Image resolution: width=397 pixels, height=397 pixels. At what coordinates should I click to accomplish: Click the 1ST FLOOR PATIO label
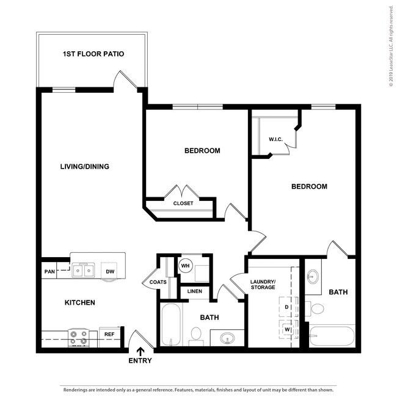pyautogui.click(x=93, y=54)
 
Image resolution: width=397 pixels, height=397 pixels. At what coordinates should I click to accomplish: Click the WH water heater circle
pyautogui.click(x=185, y=266)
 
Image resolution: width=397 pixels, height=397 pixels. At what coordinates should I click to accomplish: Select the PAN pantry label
pyautogui.click(x=49, y=271)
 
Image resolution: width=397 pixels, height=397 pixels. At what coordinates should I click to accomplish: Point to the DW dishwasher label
pyautogui.click(x=111, y=271)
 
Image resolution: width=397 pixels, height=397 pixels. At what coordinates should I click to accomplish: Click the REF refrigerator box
pyautogui.click(x=109, y=335)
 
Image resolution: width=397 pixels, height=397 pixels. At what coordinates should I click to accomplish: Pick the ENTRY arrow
pyautogui.click(x=140, y=351)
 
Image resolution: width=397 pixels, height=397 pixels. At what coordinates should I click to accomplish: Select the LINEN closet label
pyautogui.click(x=194, y=291)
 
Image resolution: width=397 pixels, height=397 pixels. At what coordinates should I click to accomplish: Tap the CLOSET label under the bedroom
pyautogui.click(x=183, y=203)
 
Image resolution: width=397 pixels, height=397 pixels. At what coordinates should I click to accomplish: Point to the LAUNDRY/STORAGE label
pyautogui.click(x=263, y=284)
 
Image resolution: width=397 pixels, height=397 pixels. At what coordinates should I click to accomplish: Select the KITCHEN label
pyautogui.click(x=80, y=302)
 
